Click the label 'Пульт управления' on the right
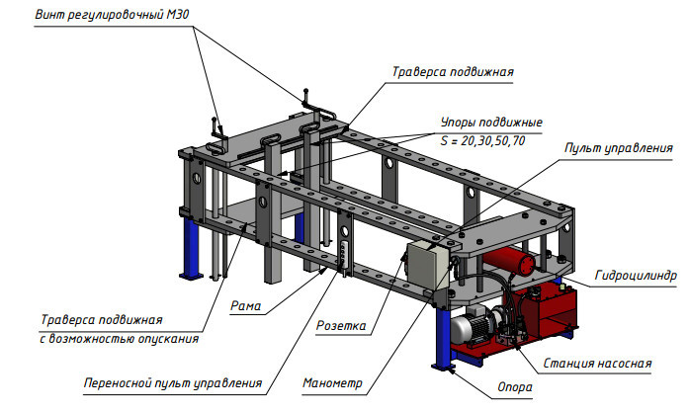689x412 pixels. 618,148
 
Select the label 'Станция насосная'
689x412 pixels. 597,363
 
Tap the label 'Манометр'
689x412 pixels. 333,383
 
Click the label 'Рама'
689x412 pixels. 246,306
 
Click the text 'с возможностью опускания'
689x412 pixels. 120,339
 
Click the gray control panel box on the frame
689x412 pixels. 427,265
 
